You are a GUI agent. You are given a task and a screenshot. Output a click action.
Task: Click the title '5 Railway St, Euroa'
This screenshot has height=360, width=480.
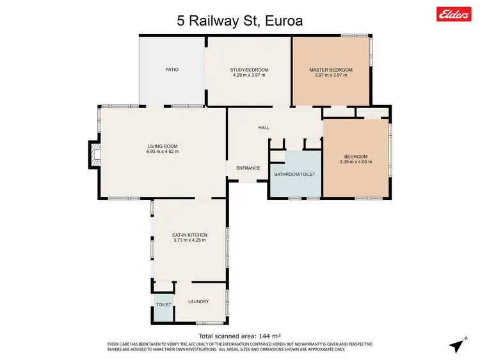(239, 20)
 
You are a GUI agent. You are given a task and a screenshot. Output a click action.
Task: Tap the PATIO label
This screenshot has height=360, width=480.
(172, 70)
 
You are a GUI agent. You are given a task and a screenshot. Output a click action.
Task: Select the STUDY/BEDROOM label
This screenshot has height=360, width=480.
(249, 70)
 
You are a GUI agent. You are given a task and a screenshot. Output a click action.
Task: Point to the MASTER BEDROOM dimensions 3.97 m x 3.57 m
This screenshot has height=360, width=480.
(330, 75)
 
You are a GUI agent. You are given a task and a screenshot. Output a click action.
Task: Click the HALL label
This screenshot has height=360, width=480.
(263, 128)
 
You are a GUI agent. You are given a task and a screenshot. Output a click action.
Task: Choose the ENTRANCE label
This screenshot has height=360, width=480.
(248, 168)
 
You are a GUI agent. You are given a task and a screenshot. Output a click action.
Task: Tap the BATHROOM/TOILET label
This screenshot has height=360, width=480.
(295, 174)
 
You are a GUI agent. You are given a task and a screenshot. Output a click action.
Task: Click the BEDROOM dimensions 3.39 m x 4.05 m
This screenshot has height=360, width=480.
(356, 162)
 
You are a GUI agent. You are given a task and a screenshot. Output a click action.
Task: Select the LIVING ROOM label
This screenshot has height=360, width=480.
(162, 146)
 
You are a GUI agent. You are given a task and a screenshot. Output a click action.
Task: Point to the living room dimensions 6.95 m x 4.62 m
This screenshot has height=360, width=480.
(162, 152)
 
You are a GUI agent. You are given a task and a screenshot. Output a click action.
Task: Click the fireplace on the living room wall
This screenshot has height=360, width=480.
(94, 154)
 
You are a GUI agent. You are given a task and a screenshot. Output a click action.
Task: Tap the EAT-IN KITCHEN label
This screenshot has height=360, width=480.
(189, 235)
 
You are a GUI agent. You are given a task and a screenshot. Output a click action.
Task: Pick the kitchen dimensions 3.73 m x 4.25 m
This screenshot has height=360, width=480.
(189, 240)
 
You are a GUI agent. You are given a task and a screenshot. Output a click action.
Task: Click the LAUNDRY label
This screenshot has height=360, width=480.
(198, 302)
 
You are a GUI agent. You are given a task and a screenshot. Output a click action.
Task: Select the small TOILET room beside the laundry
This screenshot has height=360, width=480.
(163, 305)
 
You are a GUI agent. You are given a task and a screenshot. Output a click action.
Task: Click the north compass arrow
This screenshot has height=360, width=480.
(457, 345)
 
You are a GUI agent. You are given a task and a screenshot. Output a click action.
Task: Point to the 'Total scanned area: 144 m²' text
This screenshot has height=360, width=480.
(239, 336)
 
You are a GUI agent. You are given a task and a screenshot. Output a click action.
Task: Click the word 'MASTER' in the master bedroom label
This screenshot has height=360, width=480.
(319, 70)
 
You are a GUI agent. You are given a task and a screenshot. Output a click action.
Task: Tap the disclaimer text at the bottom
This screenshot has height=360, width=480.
(239, 347)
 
